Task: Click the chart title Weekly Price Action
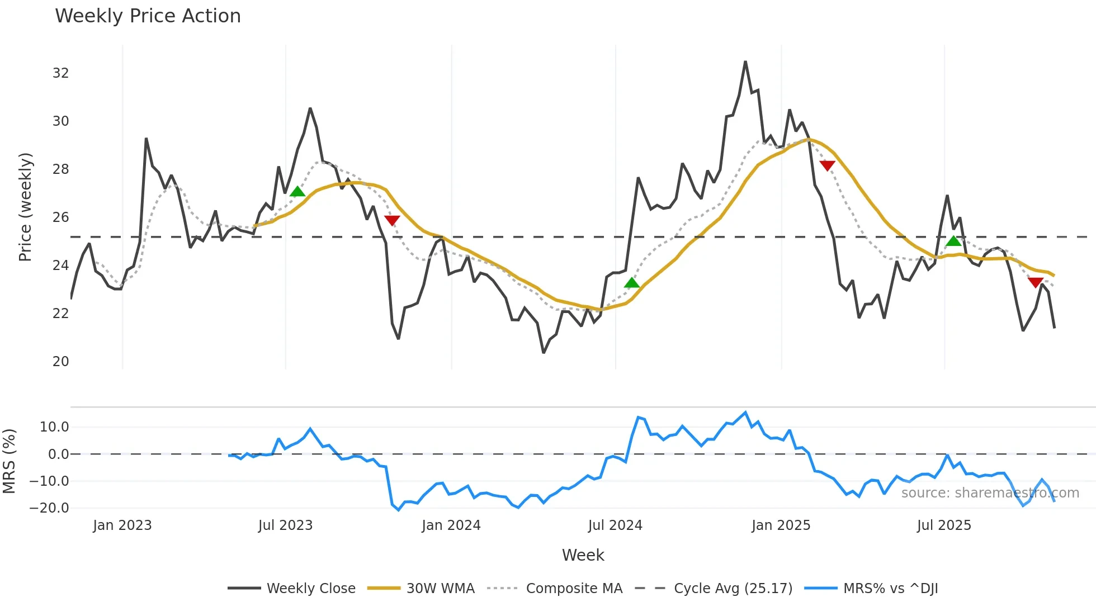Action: [148, 16]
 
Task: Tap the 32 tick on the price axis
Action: [60, 73]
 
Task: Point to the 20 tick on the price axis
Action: [60, 362]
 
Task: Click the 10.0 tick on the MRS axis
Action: [54, 427]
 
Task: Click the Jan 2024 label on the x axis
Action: [451, 525]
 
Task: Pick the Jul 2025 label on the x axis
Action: [944, 525]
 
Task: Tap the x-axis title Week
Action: [583, 555]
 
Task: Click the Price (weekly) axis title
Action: [25, 207]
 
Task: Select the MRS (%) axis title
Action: [9, 461]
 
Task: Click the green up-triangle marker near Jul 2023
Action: [297, 192]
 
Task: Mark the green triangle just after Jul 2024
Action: [631, 283]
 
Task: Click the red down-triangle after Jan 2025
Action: [827, 165]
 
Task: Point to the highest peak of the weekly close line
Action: [745, 62]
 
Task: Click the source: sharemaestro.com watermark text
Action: [990, 493]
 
